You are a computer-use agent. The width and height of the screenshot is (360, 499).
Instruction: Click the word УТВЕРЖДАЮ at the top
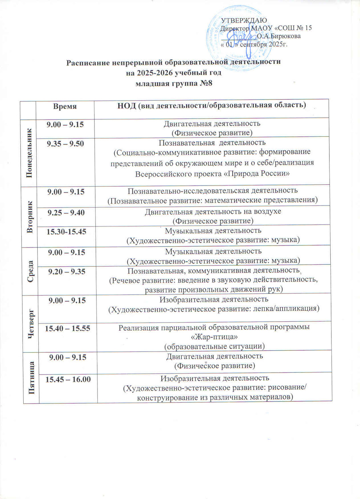pyautogui.click(x=244, y=21)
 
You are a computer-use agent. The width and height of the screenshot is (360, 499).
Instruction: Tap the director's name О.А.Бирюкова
pyautogui.click(x=279, y=36)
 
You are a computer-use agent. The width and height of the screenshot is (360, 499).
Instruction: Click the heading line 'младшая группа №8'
pyautogui.click(x=174, y=83)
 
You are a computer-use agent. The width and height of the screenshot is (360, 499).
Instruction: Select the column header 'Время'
pyautogui.click(x=65, y=106)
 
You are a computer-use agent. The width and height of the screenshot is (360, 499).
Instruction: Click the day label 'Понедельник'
pyautogui.click(x=29, y=153)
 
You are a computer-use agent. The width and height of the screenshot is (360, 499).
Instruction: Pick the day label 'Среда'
pyautogui.click(x=30, y=271)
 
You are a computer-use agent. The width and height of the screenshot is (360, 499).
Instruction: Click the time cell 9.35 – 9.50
pyautogui.click(x=65, y=144)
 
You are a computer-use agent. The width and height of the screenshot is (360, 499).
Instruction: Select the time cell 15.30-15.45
pyautogui.click(x=67, y=232)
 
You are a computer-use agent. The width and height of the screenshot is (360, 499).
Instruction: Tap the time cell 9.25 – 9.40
pyautogui.click(x=66, y=213)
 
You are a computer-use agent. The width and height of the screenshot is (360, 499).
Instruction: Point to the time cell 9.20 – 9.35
pyautogui.click(x=67, y=271)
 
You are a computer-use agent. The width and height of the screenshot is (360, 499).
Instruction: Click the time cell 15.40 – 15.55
pyautogui.click(x=68, y=328)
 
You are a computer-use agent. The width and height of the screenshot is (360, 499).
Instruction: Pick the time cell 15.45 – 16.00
pyautogui.click(x=68, y=379)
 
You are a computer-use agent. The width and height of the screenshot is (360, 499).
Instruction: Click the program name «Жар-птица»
pyautogui.click(x=214, y=337)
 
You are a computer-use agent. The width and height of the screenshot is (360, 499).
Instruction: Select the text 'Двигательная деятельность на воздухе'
pyautogui.click(x=213, y=212)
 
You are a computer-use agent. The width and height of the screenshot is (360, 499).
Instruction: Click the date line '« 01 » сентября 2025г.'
pyautogui.click(x=254, y=44)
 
